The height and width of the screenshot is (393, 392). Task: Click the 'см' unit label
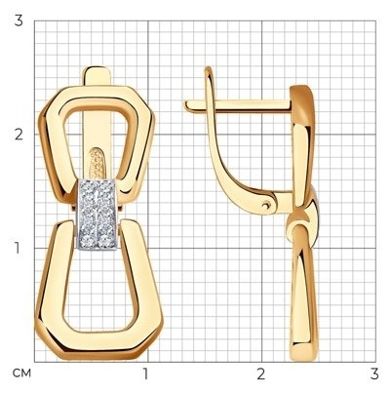pyautogui.click(x=21, y=373)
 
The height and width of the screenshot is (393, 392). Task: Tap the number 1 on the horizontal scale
pyautogui.click(x=145, y=374)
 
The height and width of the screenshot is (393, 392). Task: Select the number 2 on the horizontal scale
pyautogui.click(x=260, y=374)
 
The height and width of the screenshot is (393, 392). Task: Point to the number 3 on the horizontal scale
pyautogui.click(x=374, y=374)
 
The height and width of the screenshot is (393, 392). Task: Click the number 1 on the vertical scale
pyautogui.click(x=19, y=248)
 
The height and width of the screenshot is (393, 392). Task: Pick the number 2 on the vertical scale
pyautogui.click(x=19, y=135)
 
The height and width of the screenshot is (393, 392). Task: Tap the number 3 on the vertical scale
pyautogui.click(x=19, y=20)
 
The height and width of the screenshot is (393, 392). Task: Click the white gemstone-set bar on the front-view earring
pyautogui.click(x=97, y=215)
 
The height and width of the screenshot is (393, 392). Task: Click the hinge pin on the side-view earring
pyautogui.click(x=267, y=205)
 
